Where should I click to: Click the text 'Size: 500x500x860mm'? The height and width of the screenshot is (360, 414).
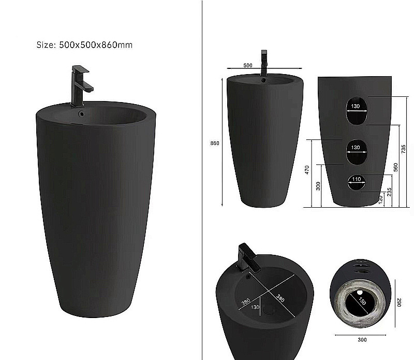84,45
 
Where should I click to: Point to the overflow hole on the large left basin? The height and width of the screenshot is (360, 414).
81,113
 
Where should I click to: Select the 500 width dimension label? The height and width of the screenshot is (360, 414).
247,65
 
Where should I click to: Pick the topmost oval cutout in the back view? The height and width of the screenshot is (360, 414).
355,110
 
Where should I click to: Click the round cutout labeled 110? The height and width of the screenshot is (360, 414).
355,181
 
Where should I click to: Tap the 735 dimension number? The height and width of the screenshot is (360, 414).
403,149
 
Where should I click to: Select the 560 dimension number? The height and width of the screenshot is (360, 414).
395,167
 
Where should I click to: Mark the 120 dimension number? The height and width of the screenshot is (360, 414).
381,199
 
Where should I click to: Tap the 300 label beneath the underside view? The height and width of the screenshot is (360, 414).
362,340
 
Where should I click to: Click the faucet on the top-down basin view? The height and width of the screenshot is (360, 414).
246,257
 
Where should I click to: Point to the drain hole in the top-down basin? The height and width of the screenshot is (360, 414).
270,310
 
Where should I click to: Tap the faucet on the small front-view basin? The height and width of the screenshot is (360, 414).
264,63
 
